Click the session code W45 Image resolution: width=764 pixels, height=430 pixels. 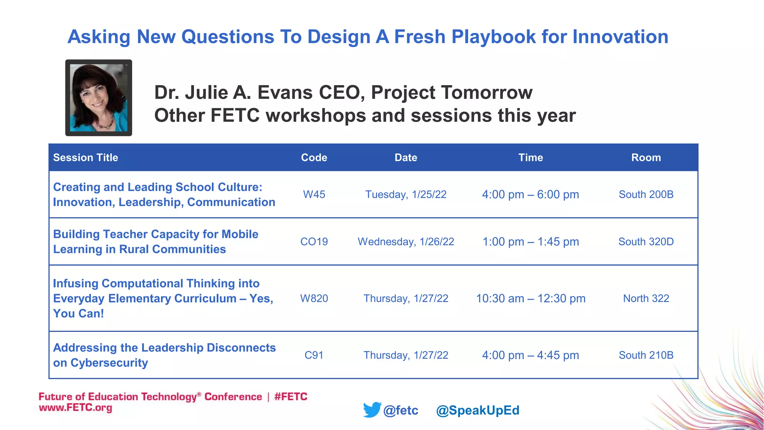pyautogui.click(x=314, y=194)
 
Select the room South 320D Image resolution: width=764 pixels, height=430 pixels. pyautogui.click(x=646, y=242)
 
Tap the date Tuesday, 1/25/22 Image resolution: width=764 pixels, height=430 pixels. pyautogui.click(x=406, y=194)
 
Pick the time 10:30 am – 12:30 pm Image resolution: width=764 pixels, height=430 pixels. pyautogui.click(x=530, y=298)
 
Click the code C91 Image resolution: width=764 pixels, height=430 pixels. pyautogui.click(x=314, y=355)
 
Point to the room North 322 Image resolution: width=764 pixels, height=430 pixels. pyautogui.click(x=646, y=298)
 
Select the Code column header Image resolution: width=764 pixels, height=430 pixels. pyautogui.click(x=314, y=158)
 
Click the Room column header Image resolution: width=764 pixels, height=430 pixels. pyautogui.click(x=646, y=158)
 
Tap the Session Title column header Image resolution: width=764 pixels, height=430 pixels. pyautogui.click(x=85, y=158)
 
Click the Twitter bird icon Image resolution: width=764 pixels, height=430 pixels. pyautogui.click(x=372, y=409)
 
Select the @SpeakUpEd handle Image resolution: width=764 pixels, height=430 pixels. pyautogui.click(x=477, y=410)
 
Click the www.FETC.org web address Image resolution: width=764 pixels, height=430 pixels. pyautogui.click(x=75, y=408)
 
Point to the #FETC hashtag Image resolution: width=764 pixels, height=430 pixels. pyautogui.click(x=291, y=396)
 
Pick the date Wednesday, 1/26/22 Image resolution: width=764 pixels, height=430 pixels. pyautogui.click(x=406, y=242)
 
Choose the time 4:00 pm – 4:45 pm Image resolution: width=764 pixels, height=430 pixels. pyautogui.click(x=530, y=355)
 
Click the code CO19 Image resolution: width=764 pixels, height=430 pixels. pyautogui.click(x=314, y=242)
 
